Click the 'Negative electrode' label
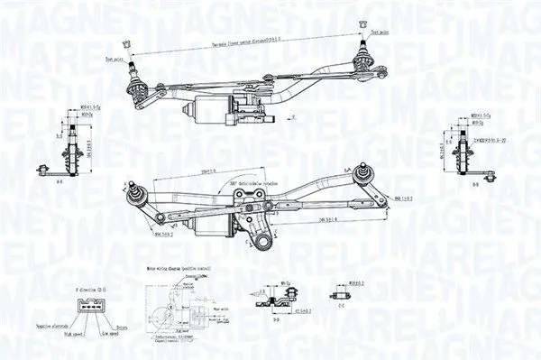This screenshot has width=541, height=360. [x=55, y=326]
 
